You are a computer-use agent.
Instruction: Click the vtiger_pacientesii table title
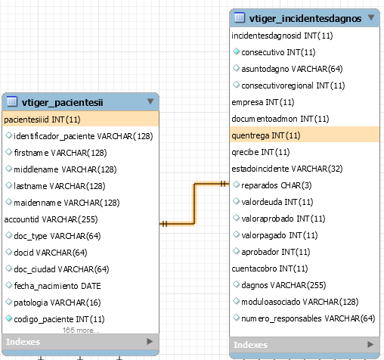click(62, 103)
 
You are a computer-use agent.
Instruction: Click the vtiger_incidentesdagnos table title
click(305, 18)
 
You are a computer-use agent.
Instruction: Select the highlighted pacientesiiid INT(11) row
click(80, 119)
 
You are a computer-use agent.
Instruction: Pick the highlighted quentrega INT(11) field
click(305, 135)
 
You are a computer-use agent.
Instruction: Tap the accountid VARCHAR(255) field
click(51, 219)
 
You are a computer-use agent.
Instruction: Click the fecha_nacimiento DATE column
click(57, 286)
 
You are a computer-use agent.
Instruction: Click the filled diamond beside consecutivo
click(236, 51)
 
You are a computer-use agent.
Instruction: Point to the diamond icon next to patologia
click(9, 302)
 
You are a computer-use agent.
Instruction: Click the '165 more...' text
click(81, 331)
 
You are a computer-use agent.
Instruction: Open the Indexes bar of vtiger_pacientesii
click(80, 342)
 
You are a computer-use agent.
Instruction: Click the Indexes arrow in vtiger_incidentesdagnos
click(370, 344)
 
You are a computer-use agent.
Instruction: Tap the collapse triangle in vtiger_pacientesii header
click(150, 101)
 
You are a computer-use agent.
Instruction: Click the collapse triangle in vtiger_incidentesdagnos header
click(371, 17)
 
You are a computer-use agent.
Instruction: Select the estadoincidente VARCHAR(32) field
click(287, 169)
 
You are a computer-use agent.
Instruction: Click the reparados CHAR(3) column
click(277, 185)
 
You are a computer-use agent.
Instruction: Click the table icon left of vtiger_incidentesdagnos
click(240, 17)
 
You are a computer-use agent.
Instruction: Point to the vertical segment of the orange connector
click(194, 203)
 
